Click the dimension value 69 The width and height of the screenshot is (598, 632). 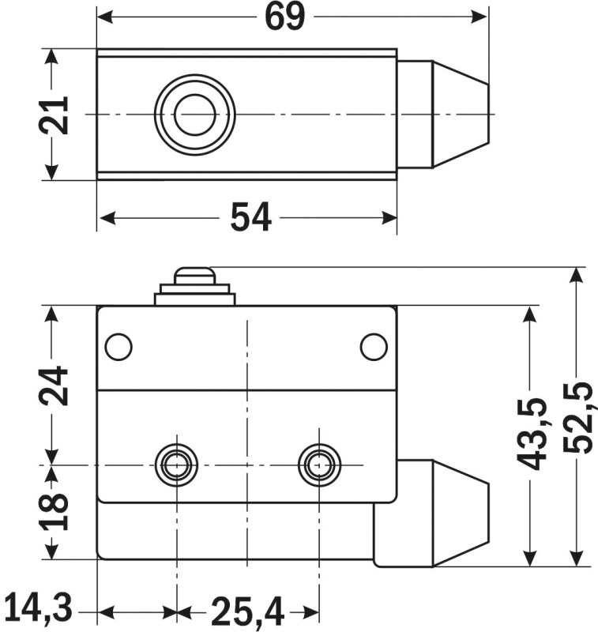coord(284,17)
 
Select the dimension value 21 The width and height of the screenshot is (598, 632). coord(55,115)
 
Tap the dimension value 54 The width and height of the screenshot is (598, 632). coord(250,217)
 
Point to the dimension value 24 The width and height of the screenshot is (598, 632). coord(55,386)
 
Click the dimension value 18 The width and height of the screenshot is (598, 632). coord(55,511)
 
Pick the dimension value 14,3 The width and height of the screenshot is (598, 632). coord(37,609)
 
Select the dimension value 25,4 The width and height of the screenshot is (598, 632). coord(246,611)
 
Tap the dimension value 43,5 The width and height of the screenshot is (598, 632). coord(535,434)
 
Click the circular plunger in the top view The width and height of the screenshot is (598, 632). coord(194,115)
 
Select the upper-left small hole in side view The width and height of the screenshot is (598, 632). coord(118,346)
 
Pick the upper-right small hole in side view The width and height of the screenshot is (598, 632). coord(373,346)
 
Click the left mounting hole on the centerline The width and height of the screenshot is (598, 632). coord(177,465)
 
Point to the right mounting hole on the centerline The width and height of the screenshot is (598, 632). coord(319,465)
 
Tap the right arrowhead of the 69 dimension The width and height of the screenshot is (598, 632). coord(480,17)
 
